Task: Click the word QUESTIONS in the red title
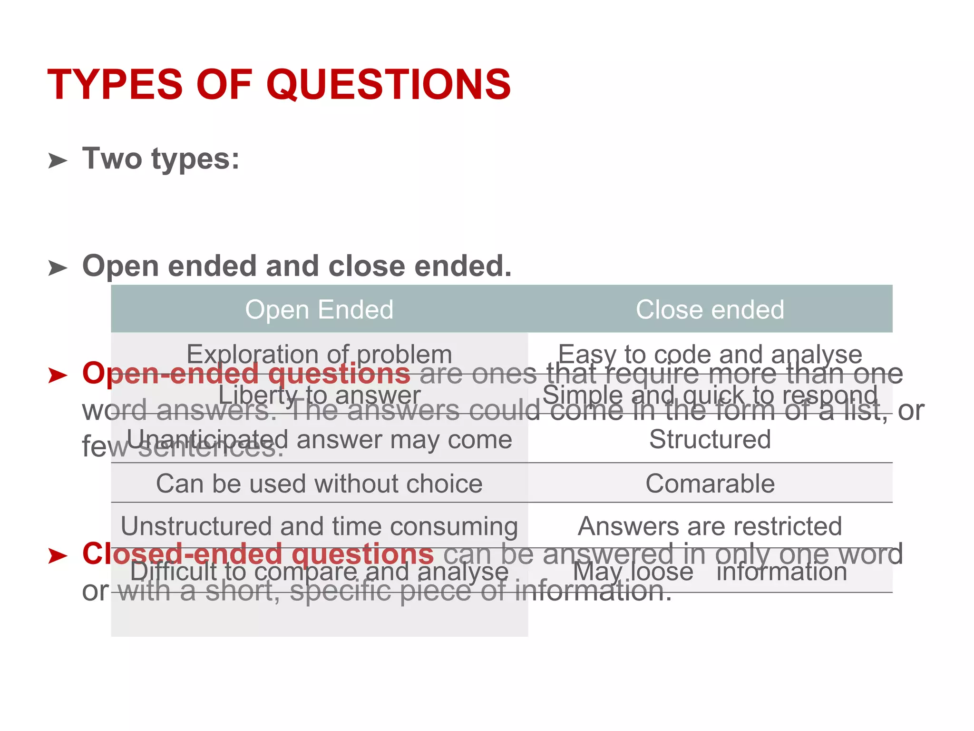pos(389,85)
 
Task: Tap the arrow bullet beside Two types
pos(58,161)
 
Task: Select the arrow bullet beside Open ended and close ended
pos(58,268)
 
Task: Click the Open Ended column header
pos(319,309)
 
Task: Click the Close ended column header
pos(710,309)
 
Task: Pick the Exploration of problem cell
pos(319,354)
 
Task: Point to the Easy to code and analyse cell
pos(710,354)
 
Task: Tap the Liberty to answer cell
pos(319,395)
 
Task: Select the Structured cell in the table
pos(710,439)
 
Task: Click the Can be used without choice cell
pos(319,484)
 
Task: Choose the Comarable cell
pos(710,484)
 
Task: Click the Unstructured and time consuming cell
pos(319,526)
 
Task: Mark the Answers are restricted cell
pos(710,526)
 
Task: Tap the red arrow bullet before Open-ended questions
pos(58,375)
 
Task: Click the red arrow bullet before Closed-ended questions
pos(58,555)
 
